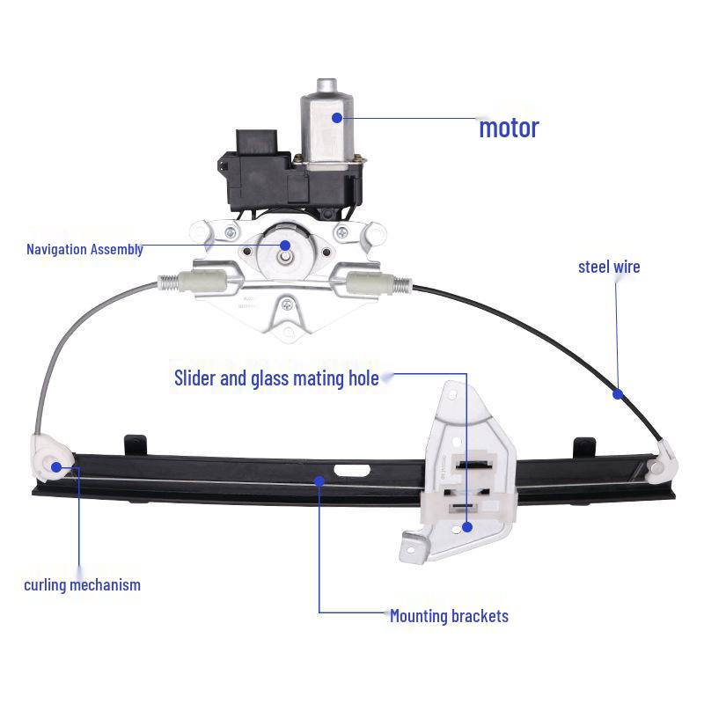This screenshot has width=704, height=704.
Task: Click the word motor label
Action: pos(509,128)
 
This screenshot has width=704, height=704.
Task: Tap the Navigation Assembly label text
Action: pos(84,249)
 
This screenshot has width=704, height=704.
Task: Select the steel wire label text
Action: pos(609,266)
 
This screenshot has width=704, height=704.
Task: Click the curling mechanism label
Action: pos(82,584)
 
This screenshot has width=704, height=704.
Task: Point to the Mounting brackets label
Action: pos(449,616)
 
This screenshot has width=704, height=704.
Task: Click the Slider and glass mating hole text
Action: pos(276,378)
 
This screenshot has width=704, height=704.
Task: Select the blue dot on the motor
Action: pos(336,116)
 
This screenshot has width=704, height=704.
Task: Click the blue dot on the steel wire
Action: pos(619,394)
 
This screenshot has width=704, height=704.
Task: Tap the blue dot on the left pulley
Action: pos(57,466)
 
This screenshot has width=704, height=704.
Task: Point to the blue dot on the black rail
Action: pos(319,480)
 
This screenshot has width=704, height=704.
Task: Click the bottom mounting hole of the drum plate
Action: pos(287,305)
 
